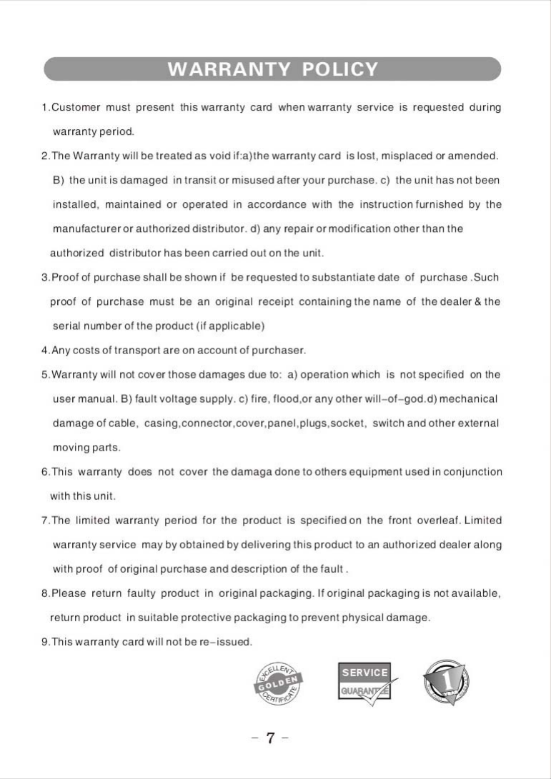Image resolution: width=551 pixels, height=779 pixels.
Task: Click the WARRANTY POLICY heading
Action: click(x=272, y=69)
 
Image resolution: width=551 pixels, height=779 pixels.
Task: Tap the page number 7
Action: click(x=271, y=738)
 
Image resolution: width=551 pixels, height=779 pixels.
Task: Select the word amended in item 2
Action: click(x=475, y=156)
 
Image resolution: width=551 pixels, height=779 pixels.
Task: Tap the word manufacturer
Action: click(x=86, y=228)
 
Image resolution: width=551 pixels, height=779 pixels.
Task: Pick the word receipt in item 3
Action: click(x=277, y=302)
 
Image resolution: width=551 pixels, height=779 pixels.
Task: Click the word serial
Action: click(x=65, y=326)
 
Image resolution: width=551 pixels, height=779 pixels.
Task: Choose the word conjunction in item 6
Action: click(x=473, y=472)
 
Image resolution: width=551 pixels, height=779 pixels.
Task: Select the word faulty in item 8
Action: click(x=141, y=593)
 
